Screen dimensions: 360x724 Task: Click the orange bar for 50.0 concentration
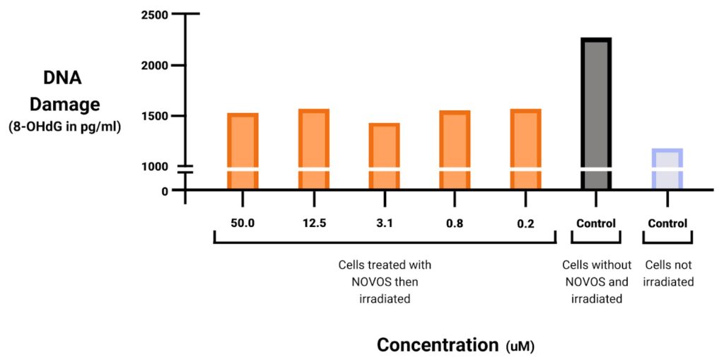click(243, 150)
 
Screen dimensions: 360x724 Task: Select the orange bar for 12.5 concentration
click(313, 149)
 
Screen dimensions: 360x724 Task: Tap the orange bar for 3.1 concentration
click(384, 156)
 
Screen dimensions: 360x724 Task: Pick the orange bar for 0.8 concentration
click(455, 149)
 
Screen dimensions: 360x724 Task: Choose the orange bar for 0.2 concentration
click(525, 149)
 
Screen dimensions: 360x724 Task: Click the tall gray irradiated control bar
click(596, 113)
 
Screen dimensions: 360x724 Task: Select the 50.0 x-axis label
click(243, 224)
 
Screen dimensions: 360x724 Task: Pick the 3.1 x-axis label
click(384, 224)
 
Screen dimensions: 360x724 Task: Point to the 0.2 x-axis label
click(525, 224)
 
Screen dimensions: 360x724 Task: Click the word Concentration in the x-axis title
click(438, 345)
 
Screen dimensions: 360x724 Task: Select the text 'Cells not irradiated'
click(669, 273)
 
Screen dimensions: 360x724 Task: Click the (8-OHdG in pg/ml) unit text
click(64, 128)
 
